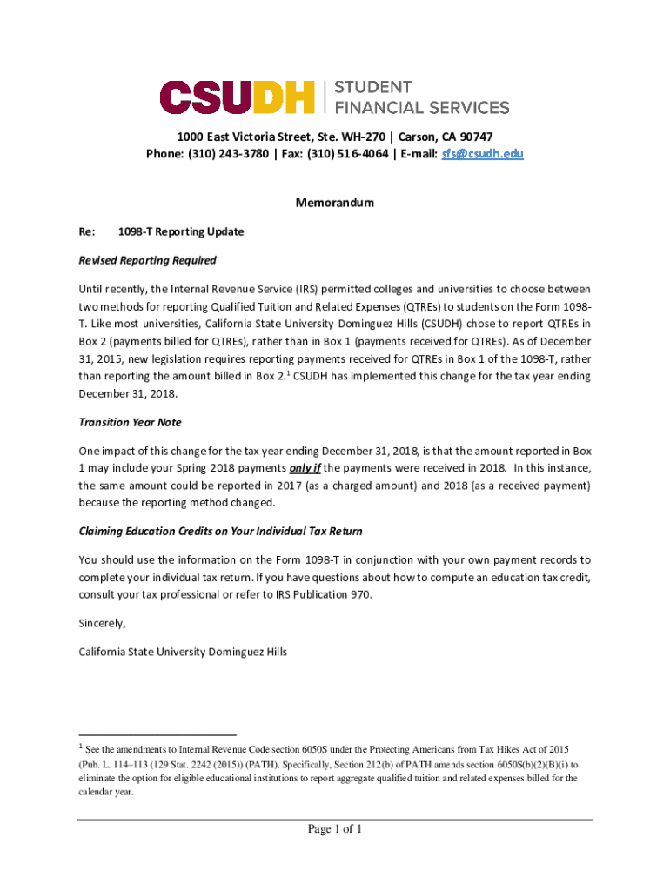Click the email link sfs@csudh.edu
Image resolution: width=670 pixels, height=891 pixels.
coord(482,154)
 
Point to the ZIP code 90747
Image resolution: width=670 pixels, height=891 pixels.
coord(475,137)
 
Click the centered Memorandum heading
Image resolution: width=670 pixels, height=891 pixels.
coord(335,203)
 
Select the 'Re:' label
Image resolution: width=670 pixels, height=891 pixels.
coord(86,232)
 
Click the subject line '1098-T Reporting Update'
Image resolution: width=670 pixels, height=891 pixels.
coord(181,232)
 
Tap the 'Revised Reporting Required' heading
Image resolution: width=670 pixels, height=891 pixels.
coord(147,260)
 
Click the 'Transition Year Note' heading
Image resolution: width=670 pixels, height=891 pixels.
coord(130,423)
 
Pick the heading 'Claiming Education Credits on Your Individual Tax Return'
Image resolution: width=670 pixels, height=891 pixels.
coord(220,531)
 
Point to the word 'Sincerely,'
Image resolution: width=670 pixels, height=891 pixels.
coord(102,623)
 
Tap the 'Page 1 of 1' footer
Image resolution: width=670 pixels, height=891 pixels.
coord(334,829)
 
